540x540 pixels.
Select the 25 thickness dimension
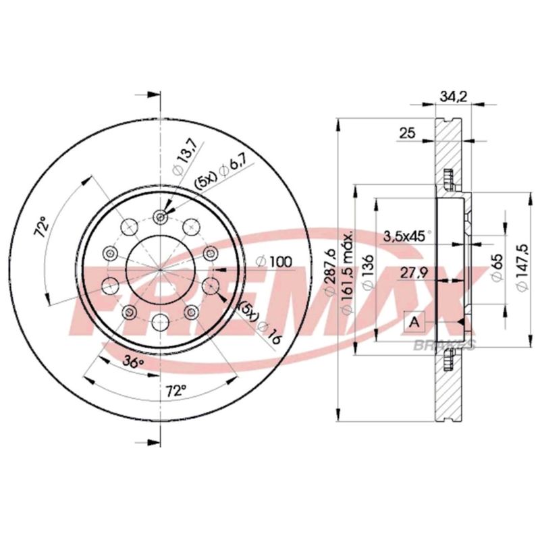408,133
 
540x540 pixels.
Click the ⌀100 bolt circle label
274,262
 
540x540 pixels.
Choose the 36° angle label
134,362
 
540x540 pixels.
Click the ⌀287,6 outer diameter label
330,271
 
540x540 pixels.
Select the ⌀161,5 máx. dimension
347,273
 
